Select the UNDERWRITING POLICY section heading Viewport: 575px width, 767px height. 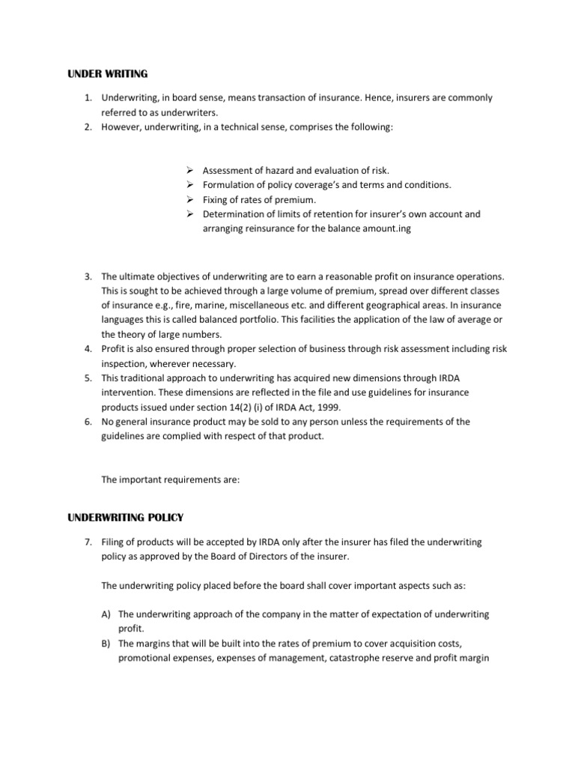point(126,518)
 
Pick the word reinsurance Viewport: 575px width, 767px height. point(266,228)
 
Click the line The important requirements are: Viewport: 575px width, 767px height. point(170,480)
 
